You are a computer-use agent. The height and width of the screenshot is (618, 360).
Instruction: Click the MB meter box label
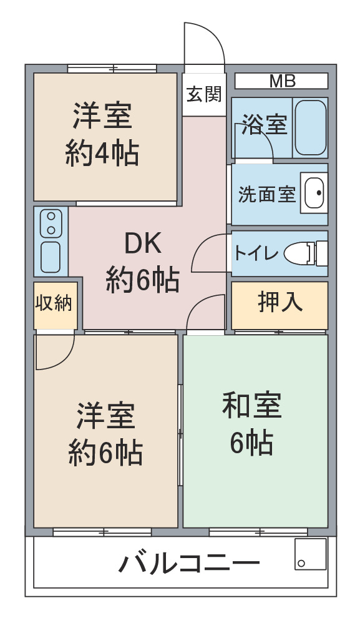pos(282,81)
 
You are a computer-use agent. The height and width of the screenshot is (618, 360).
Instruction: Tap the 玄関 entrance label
pos(204,94)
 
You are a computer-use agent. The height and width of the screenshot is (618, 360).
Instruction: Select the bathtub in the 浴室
pos(310,128)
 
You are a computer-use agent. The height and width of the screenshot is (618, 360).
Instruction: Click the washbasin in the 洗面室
pos(314,193)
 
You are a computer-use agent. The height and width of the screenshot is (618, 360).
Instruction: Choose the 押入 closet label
pos(280,302)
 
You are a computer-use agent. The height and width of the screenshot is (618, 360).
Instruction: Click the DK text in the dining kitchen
pos(143,243)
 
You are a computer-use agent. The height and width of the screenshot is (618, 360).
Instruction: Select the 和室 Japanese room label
pos(252,405)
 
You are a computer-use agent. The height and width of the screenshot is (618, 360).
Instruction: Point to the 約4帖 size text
pos(102,154)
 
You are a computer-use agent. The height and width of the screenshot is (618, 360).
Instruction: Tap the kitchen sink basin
pos(51,257)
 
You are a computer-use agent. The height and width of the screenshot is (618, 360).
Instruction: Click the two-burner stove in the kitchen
pos(51,223)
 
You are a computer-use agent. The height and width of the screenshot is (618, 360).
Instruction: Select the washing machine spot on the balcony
pos(310,554)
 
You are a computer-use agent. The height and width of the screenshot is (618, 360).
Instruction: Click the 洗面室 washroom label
pos(266,194)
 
